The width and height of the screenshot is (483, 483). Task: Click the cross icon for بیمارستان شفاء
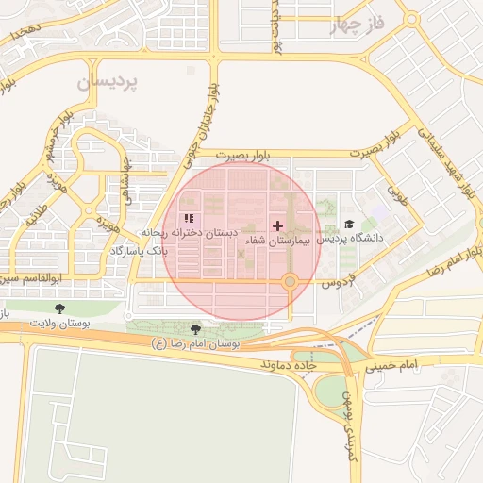point(277,225)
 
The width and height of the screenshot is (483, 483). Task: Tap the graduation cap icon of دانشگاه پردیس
point(349,225)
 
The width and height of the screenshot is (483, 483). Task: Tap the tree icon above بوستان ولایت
point(60,308)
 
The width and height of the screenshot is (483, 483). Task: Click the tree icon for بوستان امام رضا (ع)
point(195,328)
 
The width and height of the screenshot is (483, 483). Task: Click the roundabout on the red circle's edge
point(291,281)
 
